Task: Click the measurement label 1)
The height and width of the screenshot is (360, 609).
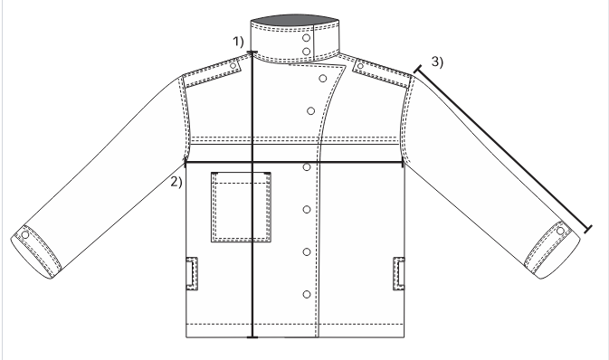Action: [x=238, y=42]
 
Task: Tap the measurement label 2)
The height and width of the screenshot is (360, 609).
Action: [x=176, y=182]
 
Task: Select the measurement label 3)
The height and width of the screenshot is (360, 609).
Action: [x=437, y=62]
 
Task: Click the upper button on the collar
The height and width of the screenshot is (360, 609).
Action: [x=306, y=38]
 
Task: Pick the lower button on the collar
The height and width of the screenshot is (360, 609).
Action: [x=306, y=52]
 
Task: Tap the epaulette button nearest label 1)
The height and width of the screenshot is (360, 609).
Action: [x=233, y=66]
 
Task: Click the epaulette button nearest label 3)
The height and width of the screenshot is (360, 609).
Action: [x=360, y=66]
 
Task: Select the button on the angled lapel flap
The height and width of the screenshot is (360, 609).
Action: [x=323, y=79]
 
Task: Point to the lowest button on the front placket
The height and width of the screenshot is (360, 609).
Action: [x=307, y=294]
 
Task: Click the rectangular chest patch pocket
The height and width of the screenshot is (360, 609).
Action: [x=242, y=207]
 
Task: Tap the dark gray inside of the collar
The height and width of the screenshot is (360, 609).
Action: [x=295, y=20]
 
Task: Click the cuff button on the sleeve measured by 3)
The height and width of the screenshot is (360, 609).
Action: [x=560, y=231]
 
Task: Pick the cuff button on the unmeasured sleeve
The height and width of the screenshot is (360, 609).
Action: [x=25, y=234]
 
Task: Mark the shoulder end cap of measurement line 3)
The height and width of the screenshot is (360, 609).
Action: [x=418, y=70]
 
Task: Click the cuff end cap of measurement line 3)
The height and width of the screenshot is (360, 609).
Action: [x=588, y=229]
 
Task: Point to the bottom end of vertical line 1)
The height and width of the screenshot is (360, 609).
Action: [x=252, y=337]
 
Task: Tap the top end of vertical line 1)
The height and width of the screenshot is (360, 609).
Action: [x=252, y=52]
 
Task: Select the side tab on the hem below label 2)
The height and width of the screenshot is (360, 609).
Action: [x=192, y=273]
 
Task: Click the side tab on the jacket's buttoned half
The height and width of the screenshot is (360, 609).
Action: [x=399, y=273]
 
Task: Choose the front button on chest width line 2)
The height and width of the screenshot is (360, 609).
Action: [x=307, y=167]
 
